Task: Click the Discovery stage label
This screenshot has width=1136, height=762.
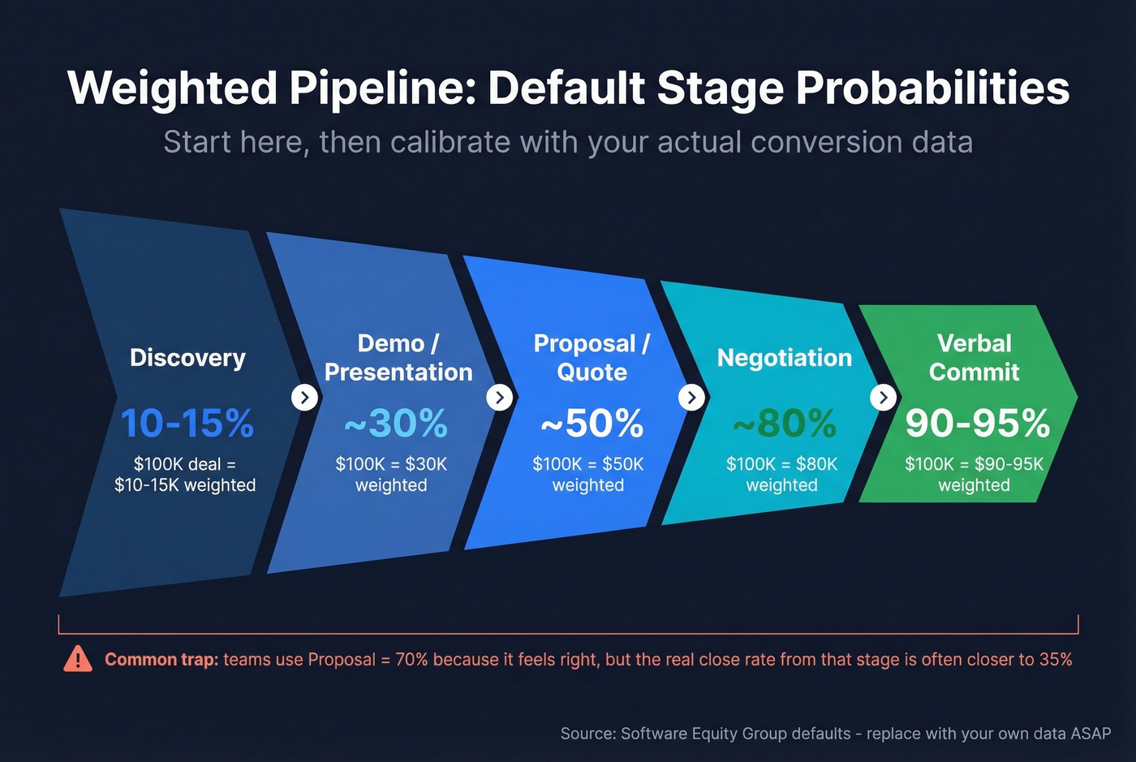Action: (x=187, y=358)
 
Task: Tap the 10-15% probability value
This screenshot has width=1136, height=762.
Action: (x=187, y=423)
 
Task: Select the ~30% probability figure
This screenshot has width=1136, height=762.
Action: (x=396, y=423)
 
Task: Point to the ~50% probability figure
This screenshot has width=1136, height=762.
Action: (x=592, y=423)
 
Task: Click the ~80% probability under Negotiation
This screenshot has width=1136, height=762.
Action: (x=784, y=423)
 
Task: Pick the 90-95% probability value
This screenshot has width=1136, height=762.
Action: (x=978, y=423)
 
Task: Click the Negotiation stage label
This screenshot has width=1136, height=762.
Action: (x=784, y=358)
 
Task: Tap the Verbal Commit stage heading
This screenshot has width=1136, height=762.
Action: (x=974, y=357)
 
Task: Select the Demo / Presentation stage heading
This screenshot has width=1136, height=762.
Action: (x=398, y=357)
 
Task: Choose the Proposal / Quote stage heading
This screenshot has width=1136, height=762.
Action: (x=592, y=357)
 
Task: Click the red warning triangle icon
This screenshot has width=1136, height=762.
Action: (x=78, y=659)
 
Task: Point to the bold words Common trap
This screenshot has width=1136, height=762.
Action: (x=161, y=660)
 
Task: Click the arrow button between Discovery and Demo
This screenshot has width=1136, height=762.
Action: (x=304, y=398)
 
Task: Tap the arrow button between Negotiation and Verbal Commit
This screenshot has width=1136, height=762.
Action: (x=883, y=398)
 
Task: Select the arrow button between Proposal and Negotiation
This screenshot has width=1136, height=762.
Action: (x=691, y=398)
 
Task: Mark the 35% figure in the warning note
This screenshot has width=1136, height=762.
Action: (x=1055, y=660)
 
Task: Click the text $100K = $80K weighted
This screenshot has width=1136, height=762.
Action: (x=781, y=475)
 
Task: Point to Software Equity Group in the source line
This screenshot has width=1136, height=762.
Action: (x=735, y=734)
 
